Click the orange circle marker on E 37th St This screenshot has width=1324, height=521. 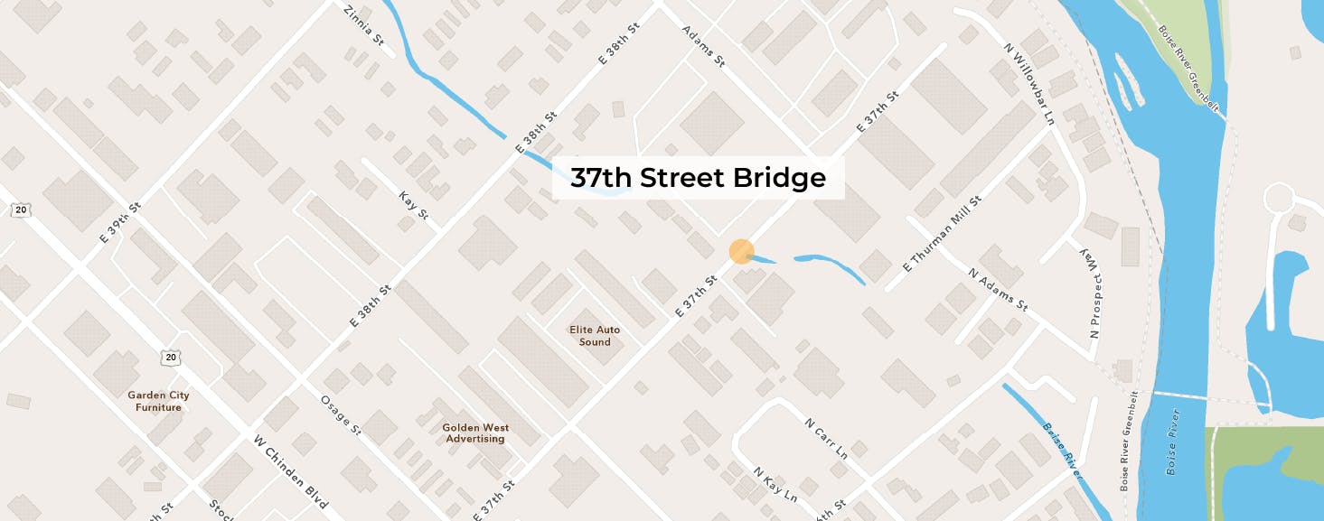pyautogui.click(x=741, y=252)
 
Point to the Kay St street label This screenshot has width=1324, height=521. pyautogui.click(x=412, y=206)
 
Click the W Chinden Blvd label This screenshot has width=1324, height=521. pyautogui.click(x=290, y=471)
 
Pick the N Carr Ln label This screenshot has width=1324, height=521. pyautogui.click(x=826, y=438)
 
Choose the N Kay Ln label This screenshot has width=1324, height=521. pyautogui.click(x=775, y=485)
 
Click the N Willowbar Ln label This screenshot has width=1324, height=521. pyautogui.click(x=1029, y=82)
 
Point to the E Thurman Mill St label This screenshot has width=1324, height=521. pyautogui.click(x=942, y=236)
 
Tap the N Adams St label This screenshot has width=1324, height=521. pyautogui.click(x=998, y=289)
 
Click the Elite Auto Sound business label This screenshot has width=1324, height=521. pyautogui.click(x=595, y=336)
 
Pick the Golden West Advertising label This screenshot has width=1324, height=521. pyautogui.click(x=475, y=433)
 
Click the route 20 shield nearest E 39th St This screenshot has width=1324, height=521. pyautogui.click(x=21, y=209)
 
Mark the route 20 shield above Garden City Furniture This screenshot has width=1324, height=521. pyautogui.click(x=172, y=358)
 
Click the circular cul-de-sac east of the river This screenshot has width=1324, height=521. pyautogui.click(x=1281, y=199)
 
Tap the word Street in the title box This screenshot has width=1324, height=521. pyautogui.click(x=681, y=179)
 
